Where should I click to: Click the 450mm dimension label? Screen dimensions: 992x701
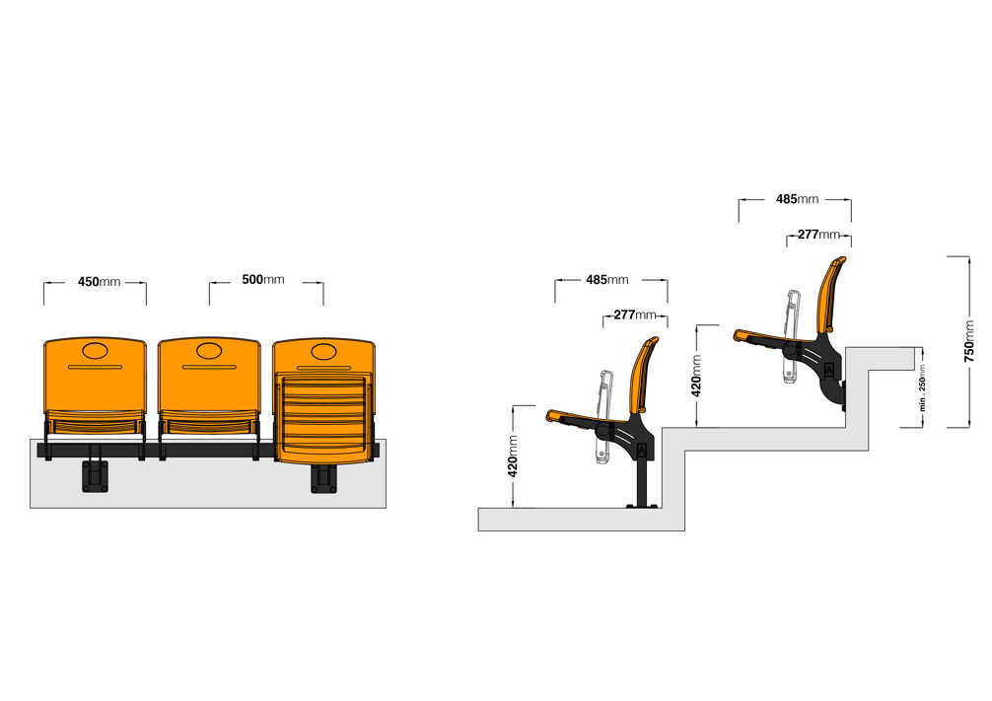[x=99, y=282]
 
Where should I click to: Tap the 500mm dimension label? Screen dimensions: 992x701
[x=263, y=280]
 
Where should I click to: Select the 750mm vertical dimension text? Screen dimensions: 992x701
[x=968, y=342]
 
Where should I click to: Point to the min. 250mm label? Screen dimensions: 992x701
[x=922, y=387]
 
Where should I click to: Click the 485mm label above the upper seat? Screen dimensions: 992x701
[x=797, y=199]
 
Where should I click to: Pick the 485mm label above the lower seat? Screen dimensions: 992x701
[x=607, y=280]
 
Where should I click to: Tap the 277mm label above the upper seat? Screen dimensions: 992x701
[x=818, y=235]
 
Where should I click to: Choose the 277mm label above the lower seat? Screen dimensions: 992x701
[x=635, y=315]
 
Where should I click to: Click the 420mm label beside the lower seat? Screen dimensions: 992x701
[x=513, y=456]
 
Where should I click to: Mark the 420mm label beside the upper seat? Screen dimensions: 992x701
[x=696, y=376]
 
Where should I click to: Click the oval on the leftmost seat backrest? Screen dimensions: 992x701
[x=95, y=351]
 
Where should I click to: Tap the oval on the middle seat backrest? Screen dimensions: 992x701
[x=209, y=351]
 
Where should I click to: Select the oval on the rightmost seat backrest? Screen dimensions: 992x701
[x=323, y=351]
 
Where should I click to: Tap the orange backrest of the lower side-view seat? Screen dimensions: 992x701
[x=643, y=375]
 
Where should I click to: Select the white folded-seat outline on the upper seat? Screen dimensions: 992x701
[x=791, y=336]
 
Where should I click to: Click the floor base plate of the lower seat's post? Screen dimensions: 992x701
[x=642, y=506]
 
